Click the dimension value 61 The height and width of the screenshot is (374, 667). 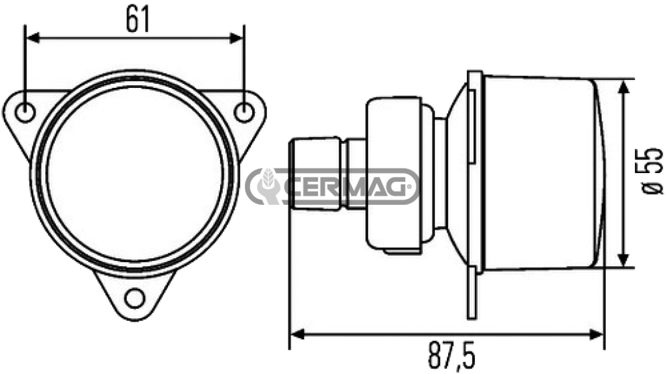click(x=138, y=20)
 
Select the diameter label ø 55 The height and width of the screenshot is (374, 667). click(x=653, y=171)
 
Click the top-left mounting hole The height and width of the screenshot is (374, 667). click(x=25, y=112)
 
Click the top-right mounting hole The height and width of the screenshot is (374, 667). click(x=244, y=112)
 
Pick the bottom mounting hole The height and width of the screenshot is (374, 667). click(x=135, y=298)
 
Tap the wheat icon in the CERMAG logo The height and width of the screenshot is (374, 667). click(x=268, y=183)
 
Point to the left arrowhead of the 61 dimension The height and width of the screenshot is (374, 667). click(x=33, y=38)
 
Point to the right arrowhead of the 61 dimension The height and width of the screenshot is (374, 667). click(x=236, y=38)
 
